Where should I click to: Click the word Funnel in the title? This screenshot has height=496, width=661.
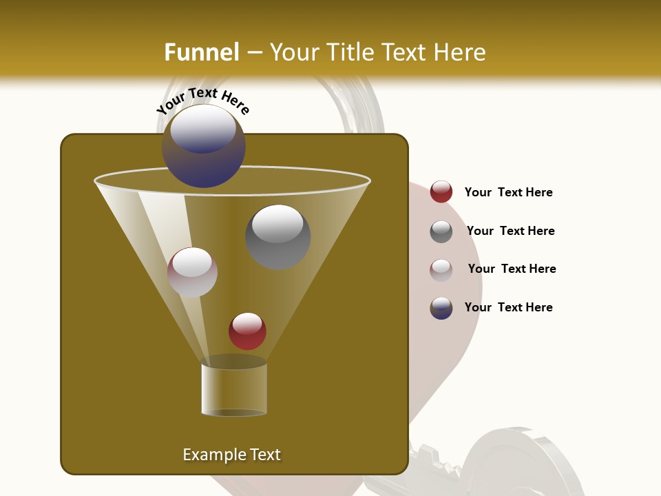coord(201,52)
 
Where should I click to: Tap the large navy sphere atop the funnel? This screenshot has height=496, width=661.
coord(204,146)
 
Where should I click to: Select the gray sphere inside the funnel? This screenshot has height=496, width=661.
coord(278,236)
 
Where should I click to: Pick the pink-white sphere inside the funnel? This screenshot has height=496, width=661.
coord(192,272)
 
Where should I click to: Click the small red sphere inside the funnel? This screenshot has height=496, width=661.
coord(247,331)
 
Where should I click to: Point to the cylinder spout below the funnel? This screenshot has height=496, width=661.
coord(234,389)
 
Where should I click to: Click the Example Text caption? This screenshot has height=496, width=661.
coord(231,455)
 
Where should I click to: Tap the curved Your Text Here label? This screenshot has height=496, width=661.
coord(202,101)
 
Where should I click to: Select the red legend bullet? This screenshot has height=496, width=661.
coord(441,192)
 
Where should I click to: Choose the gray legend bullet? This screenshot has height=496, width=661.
coord(441,231)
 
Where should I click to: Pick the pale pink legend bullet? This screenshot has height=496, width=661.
coord(441,269)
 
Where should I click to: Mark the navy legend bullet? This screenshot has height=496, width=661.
coord(441,308)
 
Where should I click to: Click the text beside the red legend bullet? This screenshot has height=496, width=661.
coord(508,192)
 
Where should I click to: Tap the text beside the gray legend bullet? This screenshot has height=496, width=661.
coord(510,231)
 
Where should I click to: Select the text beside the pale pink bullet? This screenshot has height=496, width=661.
coord(512,269)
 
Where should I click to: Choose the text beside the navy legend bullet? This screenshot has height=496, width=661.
coord(508,307)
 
